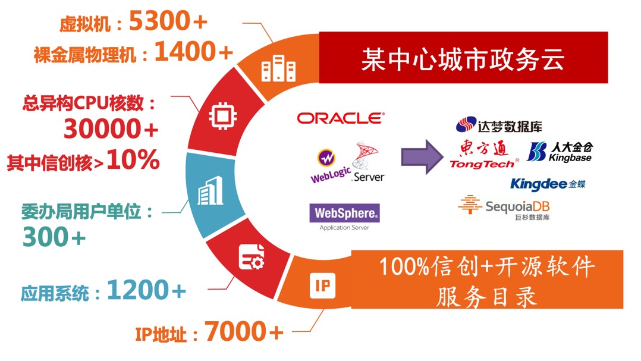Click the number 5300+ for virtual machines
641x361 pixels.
tap(168, 22)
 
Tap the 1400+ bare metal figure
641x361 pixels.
tap(193, 53)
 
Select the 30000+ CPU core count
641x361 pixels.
tap(111, 128)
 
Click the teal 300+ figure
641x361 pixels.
tap(54, 238)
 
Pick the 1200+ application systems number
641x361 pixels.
tap(146, 291)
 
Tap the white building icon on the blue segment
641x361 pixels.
tap(210, 191)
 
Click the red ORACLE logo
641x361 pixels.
tap(341, 118)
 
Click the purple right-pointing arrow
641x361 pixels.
tap(420, 157)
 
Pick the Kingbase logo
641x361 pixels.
tap(560, 152)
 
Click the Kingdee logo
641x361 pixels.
tap(548, 184)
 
